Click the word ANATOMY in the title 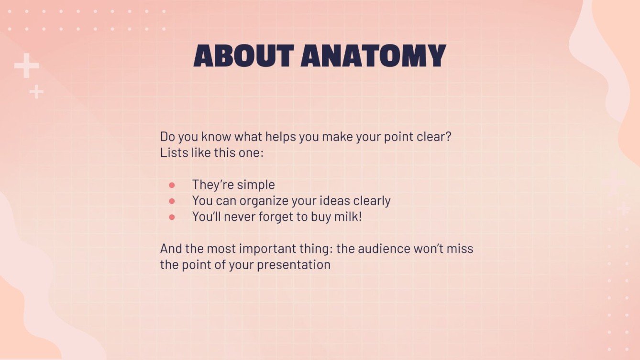pyautogui.click(x=373, y=56)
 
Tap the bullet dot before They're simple pyautogui.click(x=172, y=185)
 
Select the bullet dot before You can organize pyautogui.click(x=172, y=201)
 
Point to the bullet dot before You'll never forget pyautogui.click(x=172, y=217)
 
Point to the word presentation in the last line pyautogui.click(x=294, y=264)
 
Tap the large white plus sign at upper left pyautogui.click(x=26, y=66)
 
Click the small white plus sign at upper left pyautogui.click(x=36, y=91)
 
